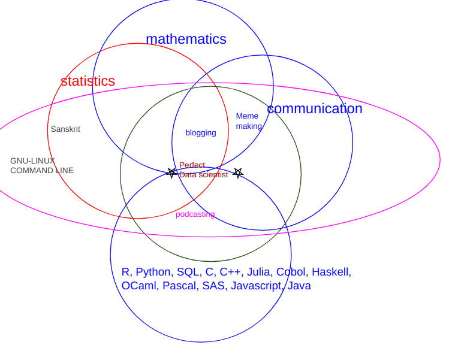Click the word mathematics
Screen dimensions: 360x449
tap(186, 40)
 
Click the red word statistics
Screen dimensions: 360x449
tap(88, 81)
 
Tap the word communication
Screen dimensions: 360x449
tap(314, 109)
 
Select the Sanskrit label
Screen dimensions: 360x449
tap(65, 129)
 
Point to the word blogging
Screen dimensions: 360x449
tap(200, 133)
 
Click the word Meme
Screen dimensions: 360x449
tap(247, 116)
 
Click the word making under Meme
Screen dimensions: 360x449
tap(249, 126)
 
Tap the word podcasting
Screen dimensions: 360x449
tap(195, 214)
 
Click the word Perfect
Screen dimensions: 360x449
tap(192, 165)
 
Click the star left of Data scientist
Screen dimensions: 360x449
tap(172, 173)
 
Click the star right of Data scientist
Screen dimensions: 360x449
tap(238, 173)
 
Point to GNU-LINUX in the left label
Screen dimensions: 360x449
tap(32, 161)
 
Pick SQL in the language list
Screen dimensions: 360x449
tap(188, 273)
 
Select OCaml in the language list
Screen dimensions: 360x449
tap(139, 286)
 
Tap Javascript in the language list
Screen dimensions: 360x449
tap(256, 286)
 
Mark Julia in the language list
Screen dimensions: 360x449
tap(258, 273)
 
